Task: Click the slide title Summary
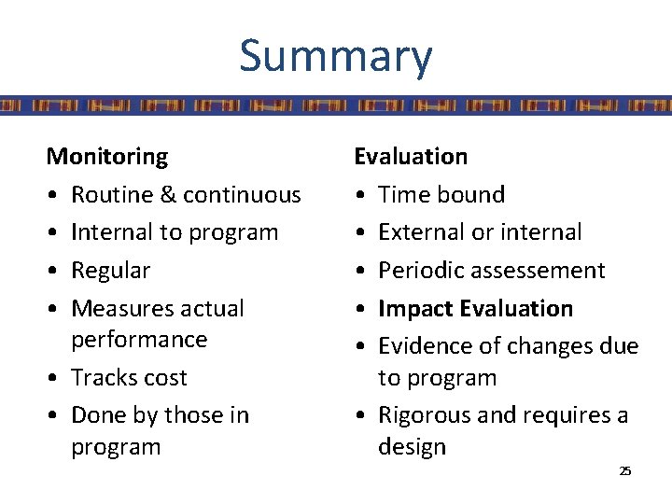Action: click(335, 55)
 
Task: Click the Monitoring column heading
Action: click(107, 156)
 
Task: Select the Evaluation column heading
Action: click(411, 156)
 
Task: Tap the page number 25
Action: click(624, 470)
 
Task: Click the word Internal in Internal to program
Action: click(110, 231)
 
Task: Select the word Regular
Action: click(111, 271)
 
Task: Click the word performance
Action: click(139, 339)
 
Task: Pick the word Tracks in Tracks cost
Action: click(101, 377)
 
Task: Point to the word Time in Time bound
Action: click(401, 194)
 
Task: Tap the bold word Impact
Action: click(411, 308)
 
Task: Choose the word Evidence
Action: click(421, 346)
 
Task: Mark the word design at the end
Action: click(412, 447)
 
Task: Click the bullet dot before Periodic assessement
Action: click(360, 271)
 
